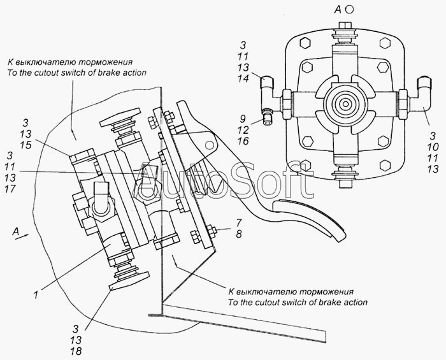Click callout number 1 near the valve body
[36, 295]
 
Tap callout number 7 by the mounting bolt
[239, 222]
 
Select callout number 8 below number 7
[239, 234]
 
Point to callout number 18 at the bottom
[76, 351]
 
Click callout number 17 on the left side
[10, 189]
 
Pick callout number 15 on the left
[25, 145]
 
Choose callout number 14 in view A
[243, 78]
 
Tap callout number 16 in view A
[243, 141]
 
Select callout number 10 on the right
[433, 147]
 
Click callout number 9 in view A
[242, 119]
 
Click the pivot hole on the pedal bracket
[210, 145]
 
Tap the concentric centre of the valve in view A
[345, 104]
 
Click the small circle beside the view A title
[350, 10]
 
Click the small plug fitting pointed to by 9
[266, 117]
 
